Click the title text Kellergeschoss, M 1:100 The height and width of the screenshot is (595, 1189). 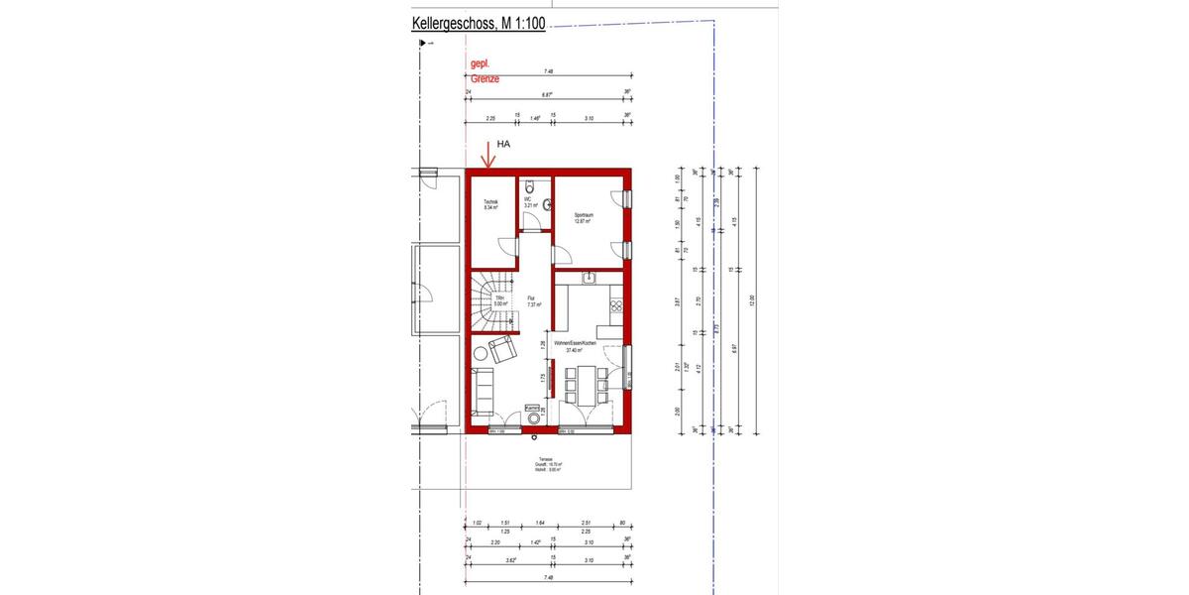pos(479,25)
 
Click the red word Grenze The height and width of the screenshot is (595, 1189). pos(486,77)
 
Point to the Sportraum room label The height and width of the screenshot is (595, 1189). pos(584,217)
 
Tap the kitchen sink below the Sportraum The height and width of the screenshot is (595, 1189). pos(589,278)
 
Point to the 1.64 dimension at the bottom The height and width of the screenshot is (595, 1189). pos(539,523)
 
